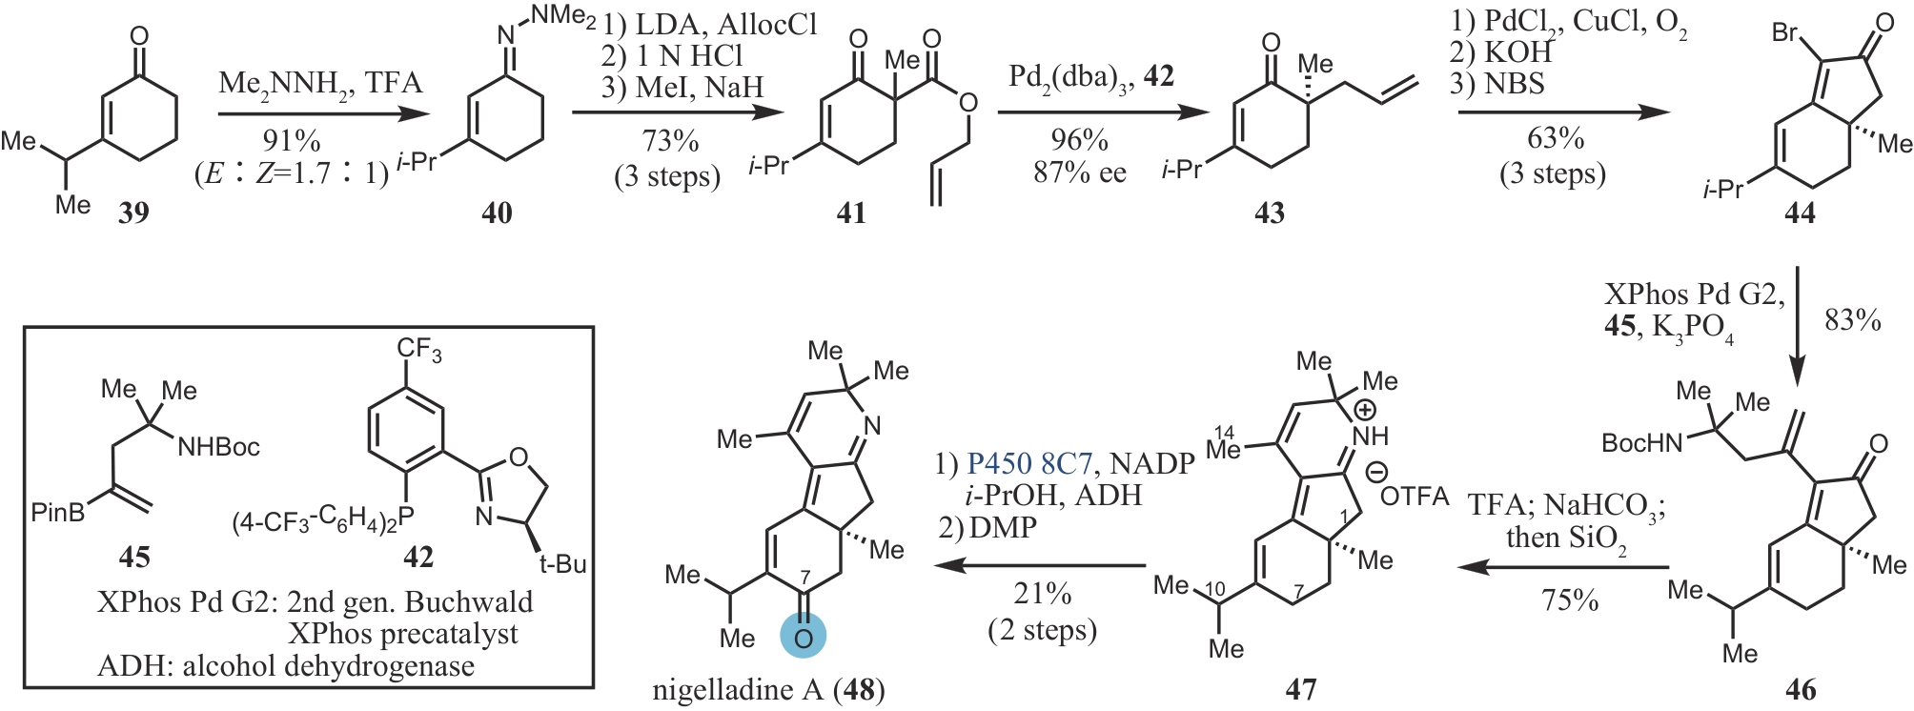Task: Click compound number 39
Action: pos(133,212)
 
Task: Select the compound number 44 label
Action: pos(1799,213)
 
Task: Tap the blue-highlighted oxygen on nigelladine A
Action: pos(803,637)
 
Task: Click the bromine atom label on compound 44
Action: pos(1784,33)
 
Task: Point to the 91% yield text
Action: pos(291,141)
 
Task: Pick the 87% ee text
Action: pos(1079,173)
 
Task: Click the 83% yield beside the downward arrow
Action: pos(1852,320)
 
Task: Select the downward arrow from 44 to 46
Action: pos(1797,324)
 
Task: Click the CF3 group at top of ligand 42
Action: pos(419,350)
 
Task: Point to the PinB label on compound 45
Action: pos(57,513)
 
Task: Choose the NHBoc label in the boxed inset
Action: pos(218,447)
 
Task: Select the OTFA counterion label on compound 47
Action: pos(1414,496)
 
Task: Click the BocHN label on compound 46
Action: pos(1641,442)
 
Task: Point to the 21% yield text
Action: pos(1042,594)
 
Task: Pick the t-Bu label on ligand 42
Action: pos(562,564)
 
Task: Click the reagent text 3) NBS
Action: pos(1497,85)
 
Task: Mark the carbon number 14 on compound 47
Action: pos(1224,433)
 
